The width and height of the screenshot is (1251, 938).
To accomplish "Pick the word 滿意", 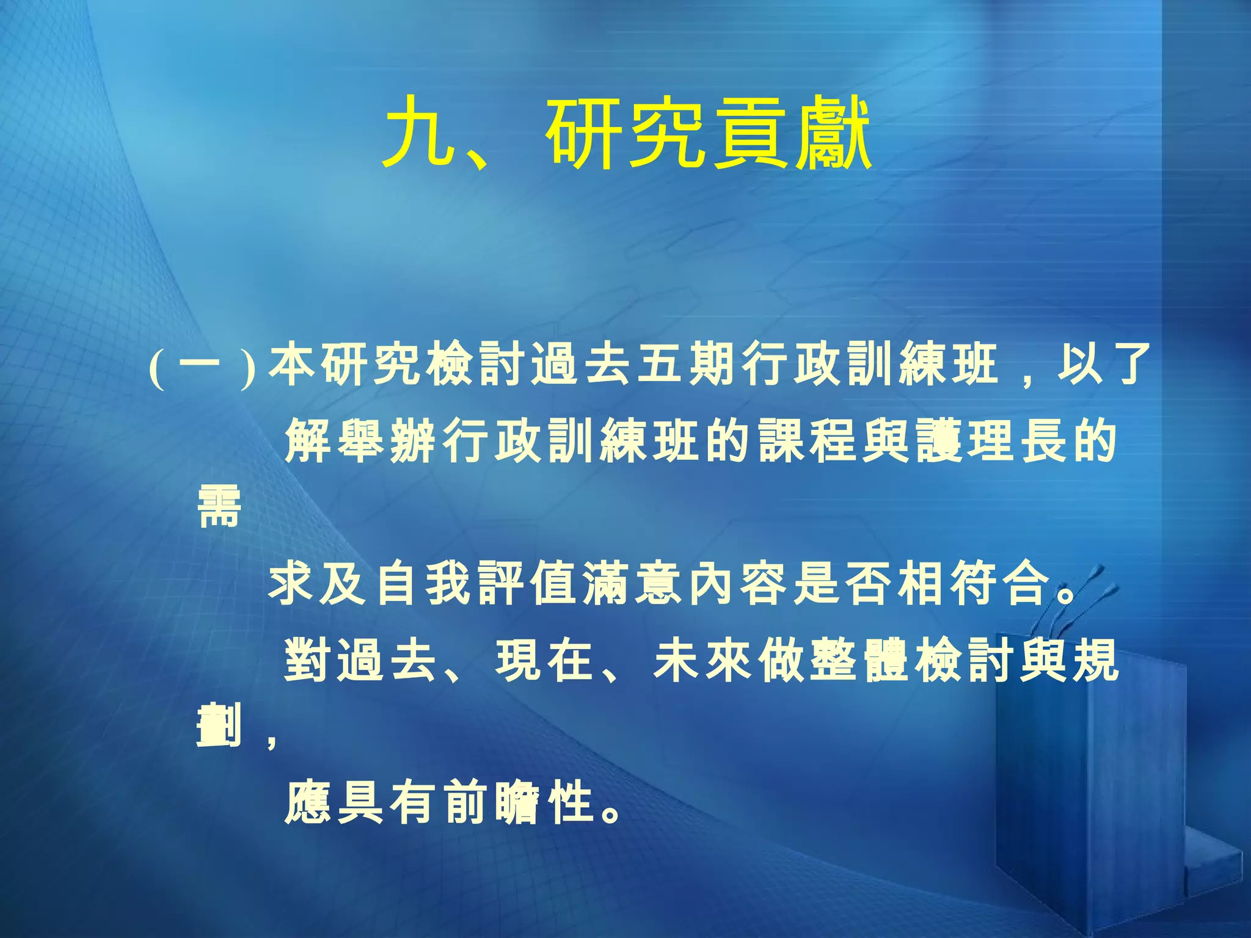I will pos(632,584).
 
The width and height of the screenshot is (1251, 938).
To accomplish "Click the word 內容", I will pos(737,584).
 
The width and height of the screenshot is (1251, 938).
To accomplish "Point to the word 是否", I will pos(842,584).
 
